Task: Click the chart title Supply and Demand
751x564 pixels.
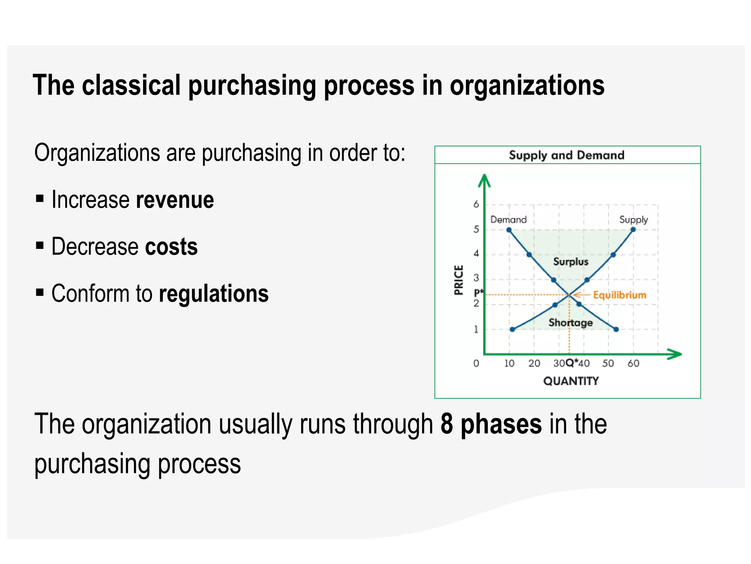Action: click(x=566, y=155)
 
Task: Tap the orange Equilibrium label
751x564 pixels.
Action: click(x=619, y=295)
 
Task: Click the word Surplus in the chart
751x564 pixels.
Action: click(x=571, y=261)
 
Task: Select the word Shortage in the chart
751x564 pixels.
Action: click(x=571, y=322)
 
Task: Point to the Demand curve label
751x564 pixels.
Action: click(x=508, y=220)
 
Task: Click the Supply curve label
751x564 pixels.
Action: click(x=633, y=220)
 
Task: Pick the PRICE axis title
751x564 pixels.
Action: click(x=458, y=280)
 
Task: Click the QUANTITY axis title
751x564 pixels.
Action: click(x=571, y=381)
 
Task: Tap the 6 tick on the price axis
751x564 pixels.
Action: click(x=476, y=204)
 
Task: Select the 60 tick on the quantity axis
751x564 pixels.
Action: click(x=633, y=363)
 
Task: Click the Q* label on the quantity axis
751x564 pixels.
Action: click(x=572, y=363)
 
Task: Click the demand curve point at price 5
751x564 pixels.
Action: click(x=509, y=230)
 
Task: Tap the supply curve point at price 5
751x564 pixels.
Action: click(x=633, y=230)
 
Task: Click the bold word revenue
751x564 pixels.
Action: click(x=175, y=200)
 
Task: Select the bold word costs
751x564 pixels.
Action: click(x=171, y=246)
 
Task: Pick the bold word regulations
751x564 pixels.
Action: click(x=214, y=294)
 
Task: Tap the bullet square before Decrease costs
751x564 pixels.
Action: click(x=40, y=245)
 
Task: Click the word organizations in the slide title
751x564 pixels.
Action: click(x=527, y=85)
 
